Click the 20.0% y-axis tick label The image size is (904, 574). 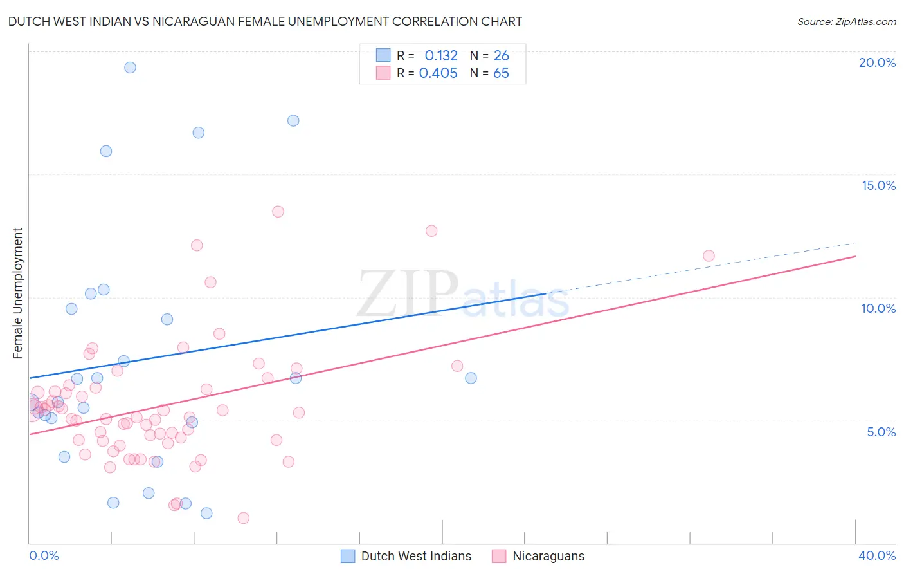(877, 62)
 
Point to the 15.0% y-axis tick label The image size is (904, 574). (878, 185)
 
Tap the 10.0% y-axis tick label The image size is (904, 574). (878, 308)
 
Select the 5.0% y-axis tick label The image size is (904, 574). (881, 432)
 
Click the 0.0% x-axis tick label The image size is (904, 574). (44, 555)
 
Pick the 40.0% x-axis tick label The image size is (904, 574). (876, 555)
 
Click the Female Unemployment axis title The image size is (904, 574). (17, 293)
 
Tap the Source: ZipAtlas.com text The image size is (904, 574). (846, 21)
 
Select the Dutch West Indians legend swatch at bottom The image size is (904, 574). (348, 556)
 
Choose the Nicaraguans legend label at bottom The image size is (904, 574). (548, 556)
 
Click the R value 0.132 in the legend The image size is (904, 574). (441, 55)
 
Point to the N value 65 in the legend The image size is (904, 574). (501, 73)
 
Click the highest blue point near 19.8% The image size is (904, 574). (130, 68)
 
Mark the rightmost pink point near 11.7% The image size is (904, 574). (709, 255)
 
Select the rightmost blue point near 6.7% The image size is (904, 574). (471, 378)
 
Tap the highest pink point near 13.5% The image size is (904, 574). (278, 211)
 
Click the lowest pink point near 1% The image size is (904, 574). (243, 518)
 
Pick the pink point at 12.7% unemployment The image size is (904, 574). (431, 230)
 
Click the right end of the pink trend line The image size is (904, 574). (856, 256)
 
